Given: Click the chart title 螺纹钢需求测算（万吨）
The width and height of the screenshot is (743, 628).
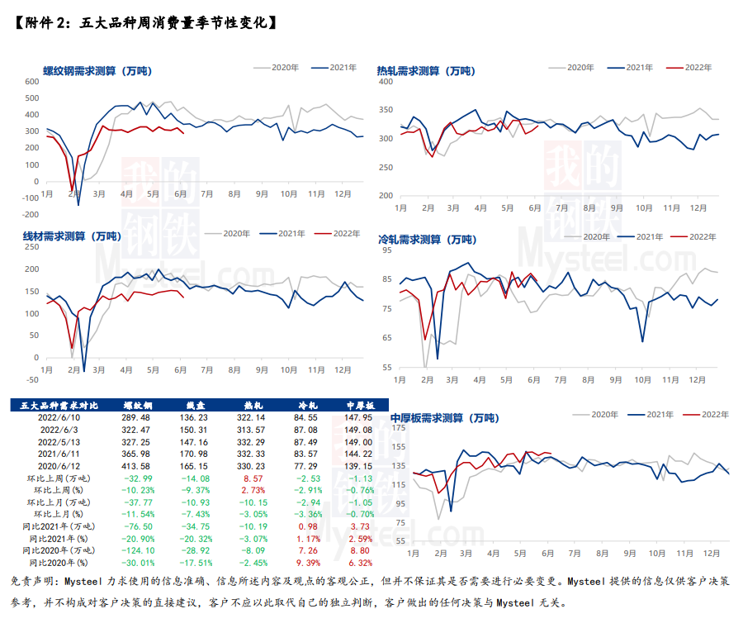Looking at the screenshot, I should coord(96,71).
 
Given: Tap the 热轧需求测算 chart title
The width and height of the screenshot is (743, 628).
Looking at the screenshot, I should coord(426,71).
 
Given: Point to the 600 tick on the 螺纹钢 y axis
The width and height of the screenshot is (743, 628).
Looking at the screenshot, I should coord(31,82).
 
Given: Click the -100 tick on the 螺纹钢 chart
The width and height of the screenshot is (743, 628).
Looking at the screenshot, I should coord(30,197).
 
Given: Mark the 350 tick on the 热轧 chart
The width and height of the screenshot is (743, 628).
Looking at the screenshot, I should coord(384,109).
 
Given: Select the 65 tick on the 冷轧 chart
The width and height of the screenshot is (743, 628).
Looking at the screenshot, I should coord(386,338).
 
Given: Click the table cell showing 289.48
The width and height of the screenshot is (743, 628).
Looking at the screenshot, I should coord(136,418).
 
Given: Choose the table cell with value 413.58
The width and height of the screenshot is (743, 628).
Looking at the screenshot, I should coord(136,466).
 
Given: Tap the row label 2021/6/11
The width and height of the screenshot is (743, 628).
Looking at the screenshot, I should coord(59,454).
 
